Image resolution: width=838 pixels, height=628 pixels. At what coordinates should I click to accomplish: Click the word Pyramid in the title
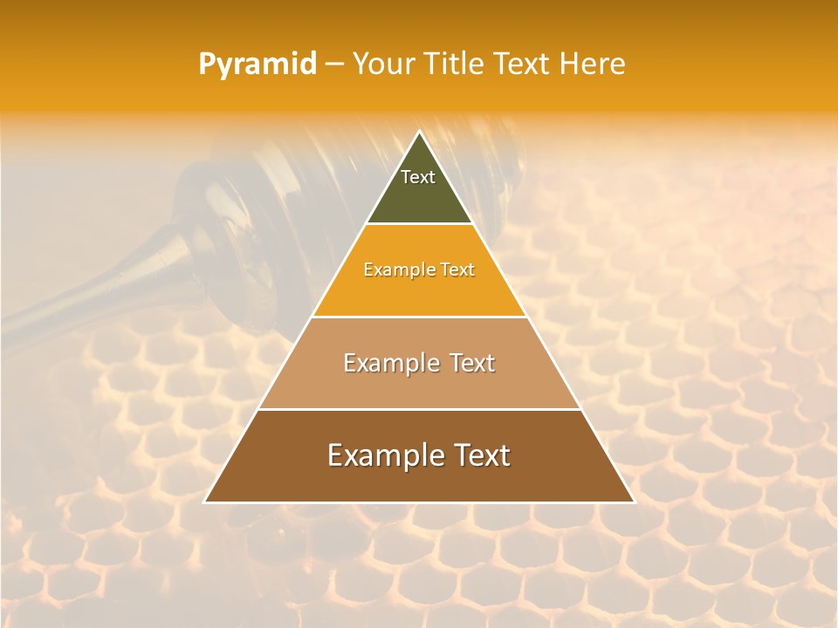coord(257,65)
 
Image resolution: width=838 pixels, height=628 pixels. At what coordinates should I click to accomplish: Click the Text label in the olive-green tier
coord(418,177)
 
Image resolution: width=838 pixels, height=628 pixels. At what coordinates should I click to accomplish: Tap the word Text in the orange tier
coord(457,270)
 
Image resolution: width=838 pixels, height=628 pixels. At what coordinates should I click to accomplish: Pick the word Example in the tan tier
coord(387,364)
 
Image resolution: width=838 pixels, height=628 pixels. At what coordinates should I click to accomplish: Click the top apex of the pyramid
coord(419,133)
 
